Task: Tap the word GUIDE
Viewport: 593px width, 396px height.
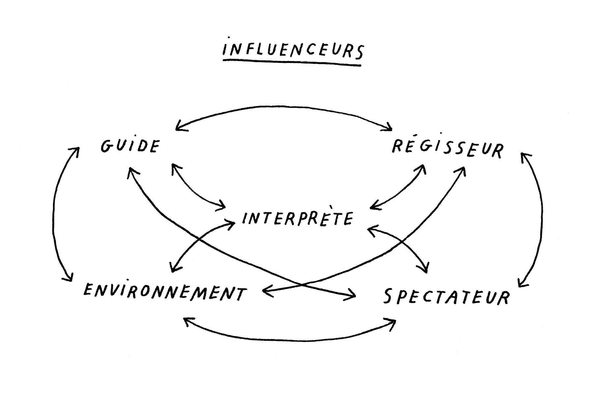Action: pyautogui.click(x=130, y=146)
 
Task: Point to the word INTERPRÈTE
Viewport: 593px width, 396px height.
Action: pyautogui.click(x=297, y=218)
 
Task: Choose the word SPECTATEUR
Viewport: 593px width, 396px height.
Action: pyautogui.click(x=446, y=296)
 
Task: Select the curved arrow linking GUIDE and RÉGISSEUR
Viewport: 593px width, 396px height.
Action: pyautogui.click(x=283, y=107)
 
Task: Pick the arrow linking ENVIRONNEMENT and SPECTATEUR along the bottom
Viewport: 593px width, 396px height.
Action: pyautogui.click(x=290, y=340)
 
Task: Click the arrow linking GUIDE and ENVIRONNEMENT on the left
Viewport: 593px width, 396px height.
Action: pyautogui.click(x=54, y=214)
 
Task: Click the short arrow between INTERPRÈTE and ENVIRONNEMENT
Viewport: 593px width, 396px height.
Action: pyautogui.click(x=194, y=241)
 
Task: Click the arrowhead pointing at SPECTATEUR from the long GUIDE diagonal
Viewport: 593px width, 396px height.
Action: pyautogui.click(x=353, y=296)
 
